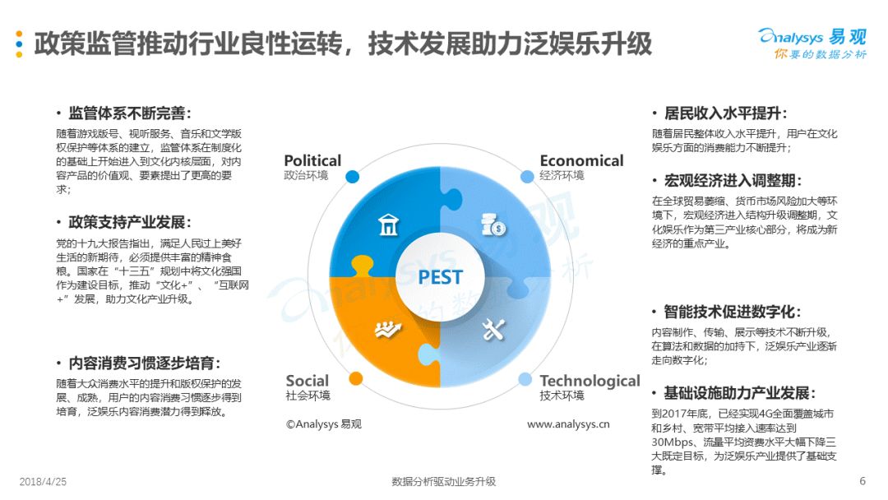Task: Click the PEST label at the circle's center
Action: click(x=440, y=277)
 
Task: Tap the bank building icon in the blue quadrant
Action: click(x=388, y=225)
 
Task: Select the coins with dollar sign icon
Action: click(x=493, y=225)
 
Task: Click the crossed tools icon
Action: click(x=493, y=329)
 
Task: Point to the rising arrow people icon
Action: click(x=388, y=329)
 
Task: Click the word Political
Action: click(x=312, y=161)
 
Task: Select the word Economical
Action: click(x=581, y=161)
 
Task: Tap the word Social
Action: click(x=307, y=381)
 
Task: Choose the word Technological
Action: click(x=590, y=381)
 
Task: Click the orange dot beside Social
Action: click(x=356, y=379)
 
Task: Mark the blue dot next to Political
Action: click(x=352, y=177)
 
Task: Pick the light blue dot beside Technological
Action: click(x=525, y=379)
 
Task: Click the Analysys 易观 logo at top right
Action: click(x=812, y=44)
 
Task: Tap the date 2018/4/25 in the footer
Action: click(x=43, y=482)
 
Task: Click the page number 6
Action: click(x=863, y=481)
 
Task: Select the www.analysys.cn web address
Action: click(x=569, y=424)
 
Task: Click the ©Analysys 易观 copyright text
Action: click(x=323, y=424)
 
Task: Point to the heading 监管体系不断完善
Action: click(x=127, y=113)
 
